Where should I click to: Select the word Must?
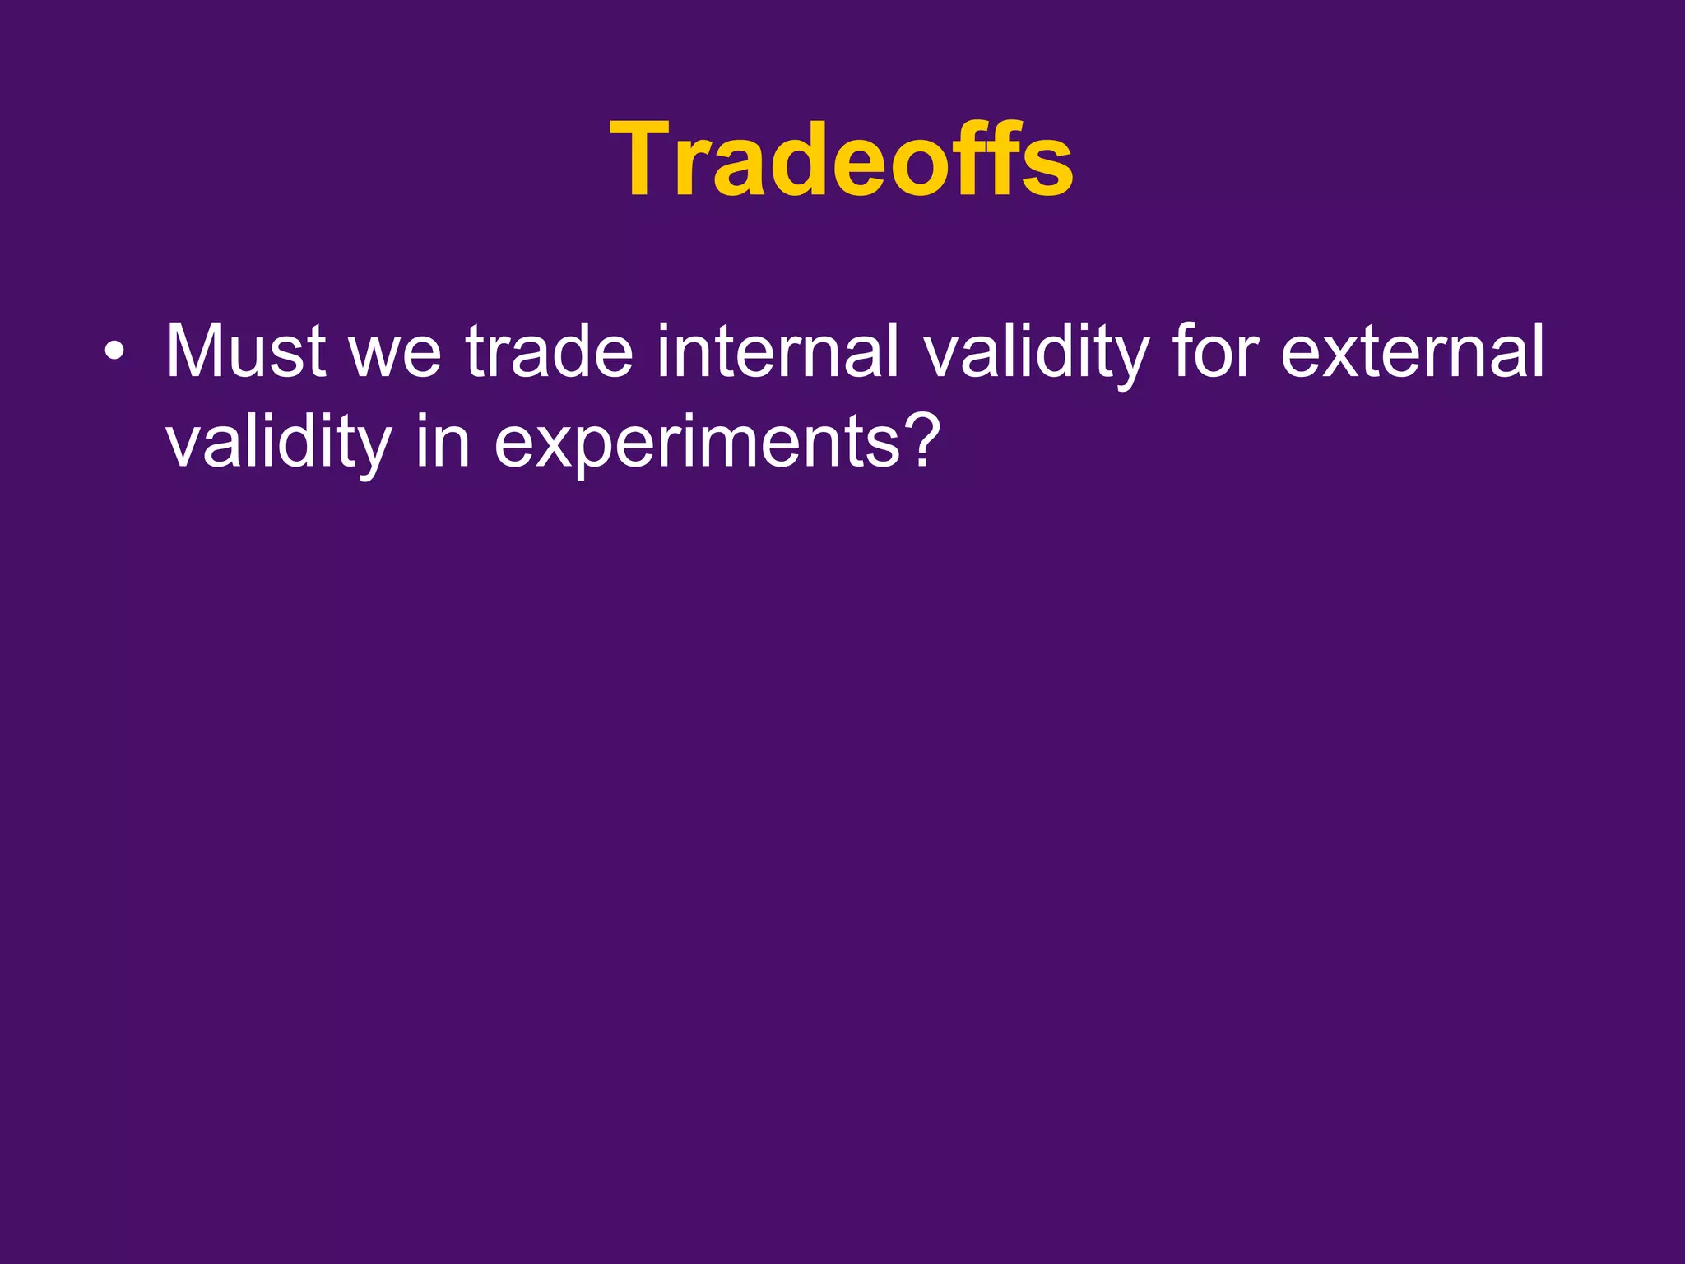point(245,351)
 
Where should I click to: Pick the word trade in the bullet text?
point(550,351)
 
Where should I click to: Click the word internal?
point(777,351)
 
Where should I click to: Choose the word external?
point(1412,351)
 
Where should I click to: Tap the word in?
point(442,442)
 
